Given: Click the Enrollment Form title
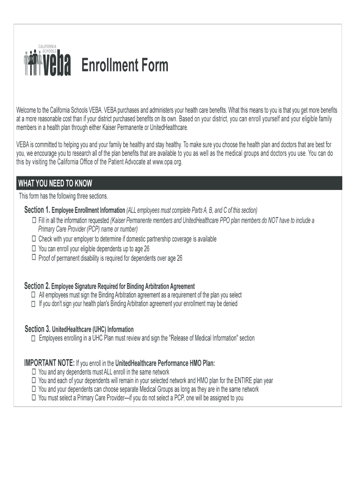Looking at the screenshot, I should point(125,66).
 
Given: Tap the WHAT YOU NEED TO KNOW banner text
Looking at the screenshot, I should point(55,183).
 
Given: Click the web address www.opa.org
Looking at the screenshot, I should point(166,162).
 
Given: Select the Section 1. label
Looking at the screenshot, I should point(37,209).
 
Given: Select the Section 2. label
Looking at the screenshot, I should point(37,286).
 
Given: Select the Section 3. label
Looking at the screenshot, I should point(37,329).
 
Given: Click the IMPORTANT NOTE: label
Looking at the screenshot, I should point(49,363).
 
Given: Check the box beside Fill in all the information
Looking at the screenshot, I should point(34,220).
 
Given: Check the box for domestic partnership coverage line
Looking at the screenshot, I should point(34,239).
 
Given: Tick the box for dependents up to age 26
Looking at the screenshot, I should point(34,248).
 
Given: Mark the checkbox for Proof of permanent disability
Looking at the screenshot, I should point(34,257).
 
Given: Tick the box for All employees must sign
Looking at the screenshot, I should point(34,295).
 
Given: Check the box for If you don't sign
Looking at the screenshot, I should point(34,304).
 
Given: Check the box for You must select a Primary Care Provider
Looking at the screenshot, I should point(34,398).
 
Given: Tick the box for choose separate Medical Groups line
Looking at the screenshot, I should point(34,389).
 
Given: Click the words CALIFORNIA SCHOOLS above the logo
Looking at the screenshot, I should point(48,48).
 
